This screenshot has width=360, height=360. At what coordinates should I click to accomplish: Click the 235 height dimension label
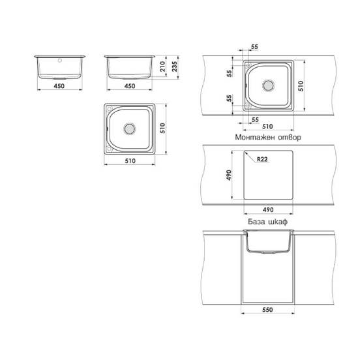175,67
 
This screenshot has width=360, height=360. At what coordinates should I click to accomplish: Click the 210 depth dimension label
162,67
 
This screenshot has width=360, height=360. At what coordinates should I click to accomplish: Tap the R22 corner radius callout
262,159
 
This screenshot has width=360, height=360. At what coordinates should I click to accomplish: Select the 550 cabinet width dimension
267,310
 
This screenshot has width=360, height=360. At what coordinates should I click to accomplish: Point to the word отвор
290,138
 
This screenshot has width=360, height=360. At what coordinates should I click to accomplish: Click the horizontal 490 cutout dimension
268,209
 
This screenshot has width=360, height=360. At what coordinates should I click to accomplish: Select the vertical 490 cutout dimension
229,175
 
